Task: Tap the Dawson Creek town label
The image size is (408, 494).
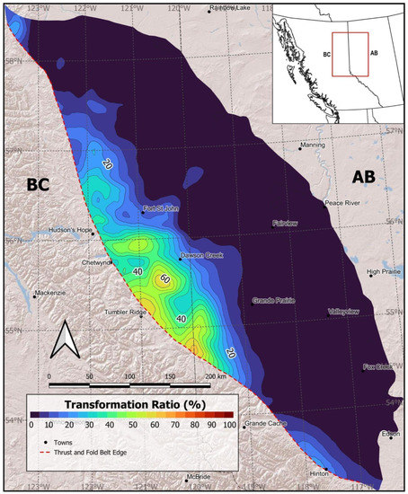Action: [200, 255]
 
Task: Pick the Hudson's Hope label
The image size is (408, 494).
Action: [72, 229]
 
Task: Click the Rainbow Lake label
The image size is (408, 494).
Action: [232, 9]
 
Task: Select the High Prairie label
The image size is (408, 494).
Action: [384, 271]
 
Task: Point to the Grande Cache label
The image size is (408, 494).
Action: [264, 423]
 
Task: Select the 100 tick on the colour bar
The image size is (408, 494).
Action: [228, 425]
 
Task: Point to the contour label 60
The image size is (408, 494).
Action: [164, 279]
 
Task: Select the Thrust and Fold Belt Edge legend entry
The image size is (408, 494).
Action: [98, 456]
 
